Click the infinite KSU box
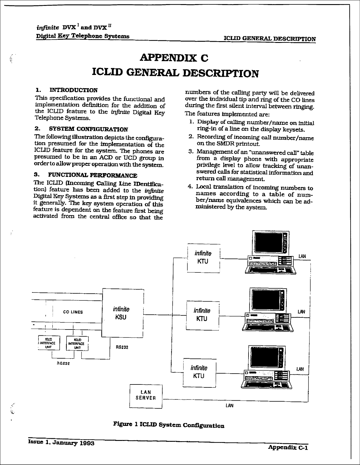[122, 313]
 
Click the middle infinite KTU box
[202, 315]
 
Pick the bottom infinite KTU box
[199, 372]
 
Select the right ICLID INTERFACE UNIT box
[77, 343]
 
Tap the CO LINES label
[73, 312]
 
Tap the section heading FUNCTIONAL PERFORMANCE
[92, 175]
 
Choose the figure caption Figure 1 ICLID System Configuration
[169, 425]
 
